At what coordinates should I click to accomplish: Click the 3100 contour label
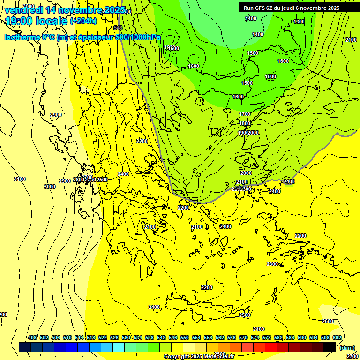tap(20, 179)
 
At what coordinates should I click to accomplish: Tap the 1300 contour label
tap(299, 22)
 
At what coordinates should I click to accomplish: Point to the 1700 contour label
tap(245, 114)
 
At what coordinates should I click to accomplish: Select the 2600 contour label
tap(328, 321)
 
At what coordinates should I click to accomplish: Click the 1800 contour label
tap(245, 123)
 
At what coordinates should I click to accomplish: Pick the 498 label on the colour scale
tap(32, 337)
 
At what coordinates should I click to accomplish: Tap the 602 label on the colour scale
tap(337, 337)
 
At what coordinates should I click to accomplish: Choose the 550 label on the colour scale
tap(185, 337)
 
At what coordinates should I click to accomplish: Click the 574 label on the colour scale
tap(255, 337)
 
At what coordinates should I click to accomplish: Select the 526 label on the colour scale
tap(114, 337)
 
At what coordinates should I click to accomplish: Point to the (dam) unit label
tap(347, 348)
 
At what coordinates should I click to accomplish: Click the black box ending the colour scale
tap(330, 347)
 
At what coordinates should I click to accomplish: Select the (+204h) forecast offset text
tap(83, 21)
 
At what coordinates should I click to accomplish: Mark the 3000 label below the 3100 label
tap(49, 187)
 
